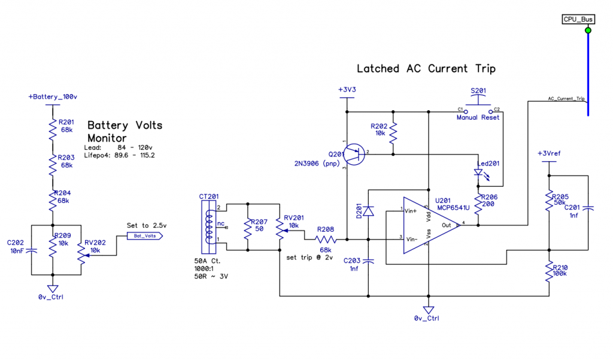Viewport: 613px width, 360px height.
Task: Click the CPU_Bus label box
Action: pos(578,19)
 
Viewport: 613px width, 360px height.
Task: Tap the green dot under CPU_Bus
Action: pos(587,30)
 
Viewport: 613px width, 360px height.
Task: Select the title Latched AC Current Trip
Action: pos(426,69)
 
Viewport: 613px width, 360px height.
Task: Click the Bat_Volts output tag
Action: pos(144,236)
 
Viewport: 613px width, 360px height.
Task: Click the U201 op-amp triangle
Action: pos(429,225)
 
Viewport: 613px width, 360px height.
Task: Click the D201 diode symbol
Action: pos(369,211)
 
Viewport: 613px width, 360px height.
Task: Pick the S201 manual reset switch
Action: pos(478,110)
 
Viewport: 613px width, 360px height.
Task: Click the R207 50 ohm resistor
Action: pos(246,226)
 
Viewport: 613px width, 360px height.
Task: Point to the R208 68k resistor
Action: pos(326,240)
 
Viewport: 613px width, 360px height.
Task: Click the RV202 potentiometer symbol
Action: pos(81,252)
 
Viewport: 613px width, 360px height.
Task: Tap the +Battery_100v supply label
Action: pos(51,96)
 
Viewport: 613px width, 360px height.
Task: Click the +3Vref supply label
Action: pos(548,153)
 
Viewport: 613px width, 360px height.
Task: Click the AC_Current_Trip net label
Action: pos(566,98)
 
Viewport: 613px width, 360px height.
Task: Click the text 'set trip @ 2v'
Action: pos(309,256)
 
